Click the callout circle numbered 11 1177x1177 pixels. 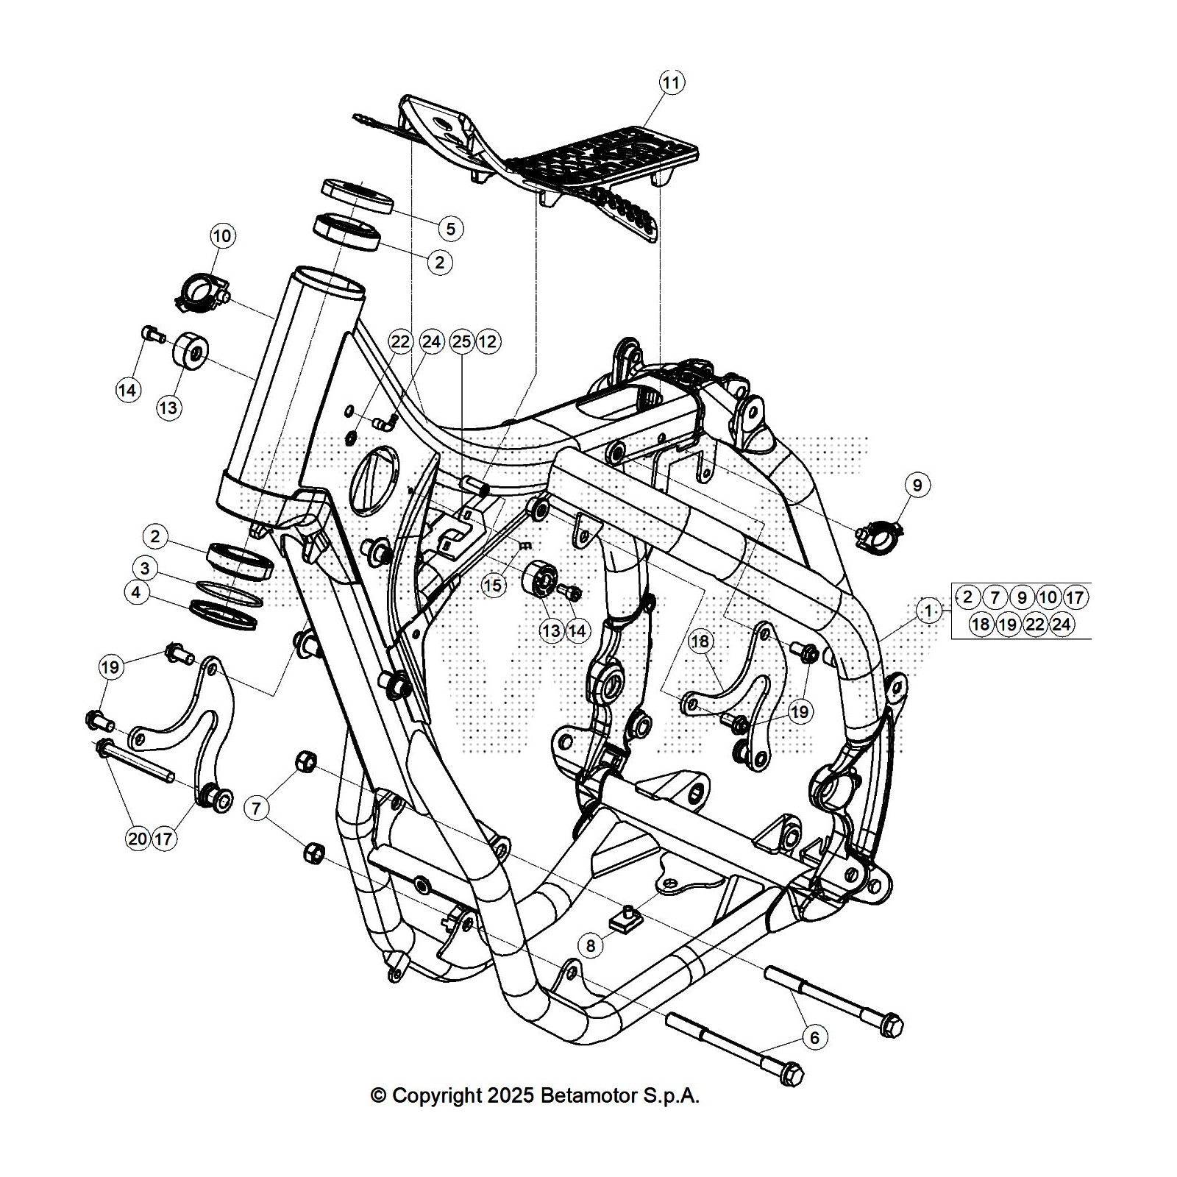(x=671, y=82)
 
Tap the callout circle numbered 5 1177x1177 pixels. (x=451, y=228)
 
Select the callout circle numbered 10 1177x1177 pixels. (x=222, y=236)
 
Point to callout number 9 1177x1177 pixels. (x=917, y=485)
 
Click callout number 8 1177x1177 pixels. (x=591, y=945)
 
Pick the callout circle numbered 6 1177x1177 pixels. (x=814, y=1037)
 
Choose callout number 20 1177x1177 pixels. (x=138, y=839)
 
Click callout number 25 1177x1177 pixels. (x=461, y=341)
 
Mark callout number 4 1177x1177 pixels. (x=138, y=592)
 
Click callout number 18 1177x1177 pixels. (x=700, y=641)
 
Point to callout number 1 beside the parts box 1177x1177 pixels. (x=929, y=611)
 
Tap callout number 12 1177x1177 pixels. (x=488, y=341)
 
